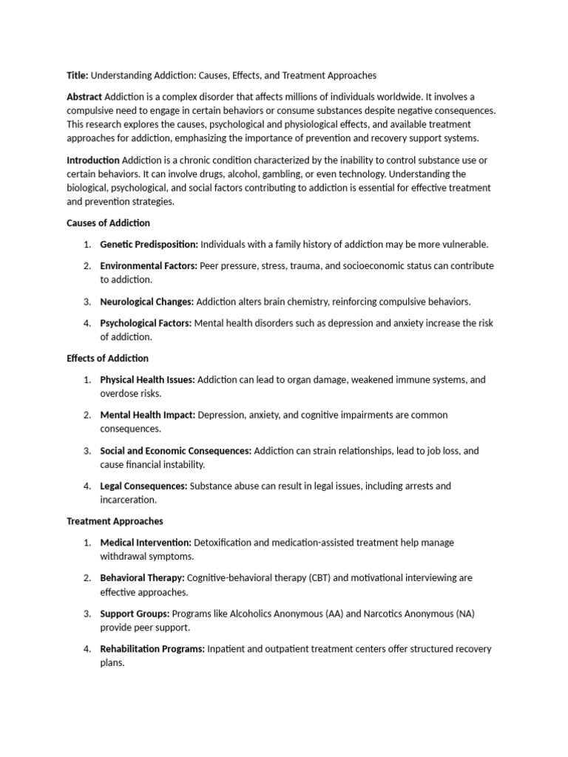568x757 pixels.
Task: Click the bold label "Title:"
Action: point(77,75)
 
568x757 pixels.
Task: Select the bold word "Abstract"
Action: point(84,97)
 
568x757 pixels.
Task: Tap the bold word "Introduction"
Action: point(93,160)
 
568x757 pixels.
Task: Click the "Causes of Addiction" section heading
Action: point(108,223)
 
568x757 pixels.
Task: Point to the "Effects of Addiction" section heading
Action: point(107,359)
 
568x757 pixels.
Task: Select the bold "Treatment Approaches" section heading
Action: point(115,521)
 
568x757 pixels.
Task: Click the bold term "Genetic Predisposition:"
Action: point(149,244)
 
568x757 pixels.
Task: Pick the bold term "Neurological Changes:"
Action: point(146,302)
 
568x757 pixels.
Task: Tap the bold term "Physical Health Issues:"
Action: point(147,379)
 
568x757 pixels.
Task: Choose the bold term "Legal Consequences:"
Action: point(143,486)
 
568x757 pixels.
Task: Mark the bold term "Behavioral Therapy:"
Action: point(142,577)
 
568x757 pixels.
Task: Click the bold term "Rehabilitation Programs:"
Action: point(152,649)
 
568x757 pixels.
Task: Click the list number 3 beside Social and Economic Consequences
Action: point(87,450)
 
